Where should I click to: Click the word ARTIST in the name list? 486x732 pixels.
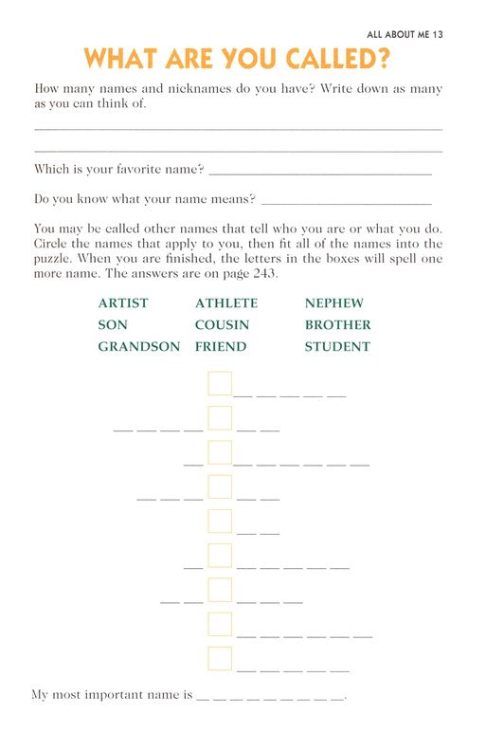[123, 303]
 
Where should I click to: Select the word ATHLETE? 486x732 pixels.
[226, 303]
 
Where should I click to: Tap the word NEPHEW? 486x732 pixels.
[334, 303]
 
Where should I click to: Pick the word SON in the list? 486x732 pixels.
[113, 325]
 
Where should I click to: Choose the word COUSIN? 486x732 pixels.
[223, 325]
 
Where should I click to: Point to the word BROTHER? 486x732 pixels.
[338, 325]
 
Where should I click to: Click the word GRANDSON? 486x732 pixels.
[139, 347]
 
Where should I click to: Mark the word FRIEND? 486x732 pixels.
[221, 347]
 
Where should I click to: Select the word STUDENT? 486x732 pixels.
[337, 347]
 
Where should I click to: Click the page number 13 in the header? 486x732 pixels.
[437, 34]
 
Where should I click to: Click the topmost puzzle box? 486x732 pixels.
[220, 384]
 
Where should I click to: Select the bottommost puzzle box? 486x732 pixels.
[220, 659]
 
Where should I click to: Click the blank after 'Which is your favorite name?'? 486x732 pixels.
[319, 171]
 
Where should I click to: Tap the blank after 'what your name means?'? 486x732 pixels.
[346, 201]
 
